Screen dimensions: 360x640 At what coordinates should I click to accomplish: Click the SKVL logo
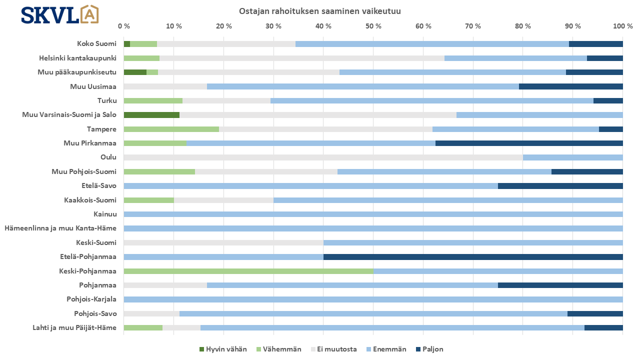pos(59,15)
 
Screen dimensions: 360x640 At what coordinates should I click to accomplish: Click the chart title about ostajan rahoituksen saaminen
pos(320,11)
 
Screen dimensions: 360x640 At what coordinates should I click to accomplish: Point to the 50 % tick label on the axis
pos(373,26)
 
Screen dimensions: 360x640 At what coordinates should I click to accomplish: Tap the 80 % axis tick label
pos(523,26)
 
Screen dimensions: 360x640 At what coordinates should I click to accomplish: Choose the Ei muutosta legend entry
pos(333,349)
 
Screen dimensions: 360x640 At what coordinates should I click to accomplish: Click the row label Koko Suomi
pos(96,43)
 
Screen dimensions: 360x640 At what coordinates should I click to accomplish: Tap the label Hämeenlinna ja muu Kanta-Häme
pos(60,228)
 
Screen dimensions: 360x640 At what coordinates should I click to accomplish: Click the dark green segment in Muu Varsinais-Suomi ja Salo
pos(151,115)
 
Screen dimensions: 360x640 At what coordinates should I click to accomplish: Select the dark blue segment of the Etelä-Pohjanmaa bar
pos(473,257)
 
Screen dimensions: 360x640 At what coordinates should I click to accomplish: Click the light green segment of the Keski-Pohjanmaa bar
pos(248,271)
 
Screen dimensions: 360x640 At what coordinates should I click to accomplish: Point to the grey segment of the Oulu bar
pos(323,157)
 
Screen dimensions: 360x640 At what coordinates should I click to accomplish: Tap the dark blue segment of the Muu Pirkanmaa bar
pos(529,143)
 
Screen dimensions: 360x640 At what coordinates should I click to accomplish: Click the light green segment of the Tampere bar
pos(171,129)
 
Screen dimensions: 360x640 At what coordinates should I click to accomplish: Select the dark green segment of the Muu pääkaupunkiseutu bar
pos(135,72)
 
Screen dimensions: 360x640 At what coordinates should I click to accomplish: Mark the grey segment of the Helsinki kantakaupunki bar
pos(302,58)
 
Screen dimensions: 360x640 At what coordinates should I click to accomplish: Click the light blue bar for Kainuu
pos(373,214)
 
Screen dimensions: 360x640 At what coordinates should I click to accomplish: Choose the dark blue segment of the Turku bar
pos(608,100)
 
